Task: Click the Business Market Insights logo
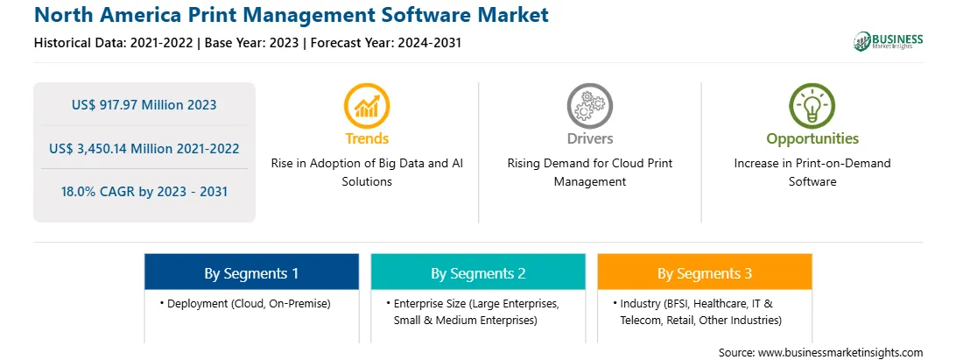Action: (x=888, y=41)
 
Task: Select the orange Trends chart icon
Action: (x=367, y=106)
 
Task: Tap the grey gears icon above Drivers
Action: (x=589, y=106)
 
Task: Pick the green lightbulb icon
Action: (x=812, y=106)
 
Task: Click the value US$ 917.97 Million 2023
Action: (x=144, y=105)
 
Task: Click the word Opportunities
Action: (x=812, y=139)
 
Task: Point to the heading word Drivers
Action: (x=589, y=138)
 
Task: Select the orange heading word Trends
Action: (x=367, y=138)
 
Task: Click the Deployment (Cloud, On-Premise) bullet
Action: (x=245, y=303)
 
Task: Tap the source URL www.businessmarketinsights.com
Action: (x=840, y=352)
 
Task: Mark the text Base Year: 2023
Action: (x=252, y=43)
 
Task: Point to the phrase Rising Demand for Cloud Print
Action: (x=589, y=164)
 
